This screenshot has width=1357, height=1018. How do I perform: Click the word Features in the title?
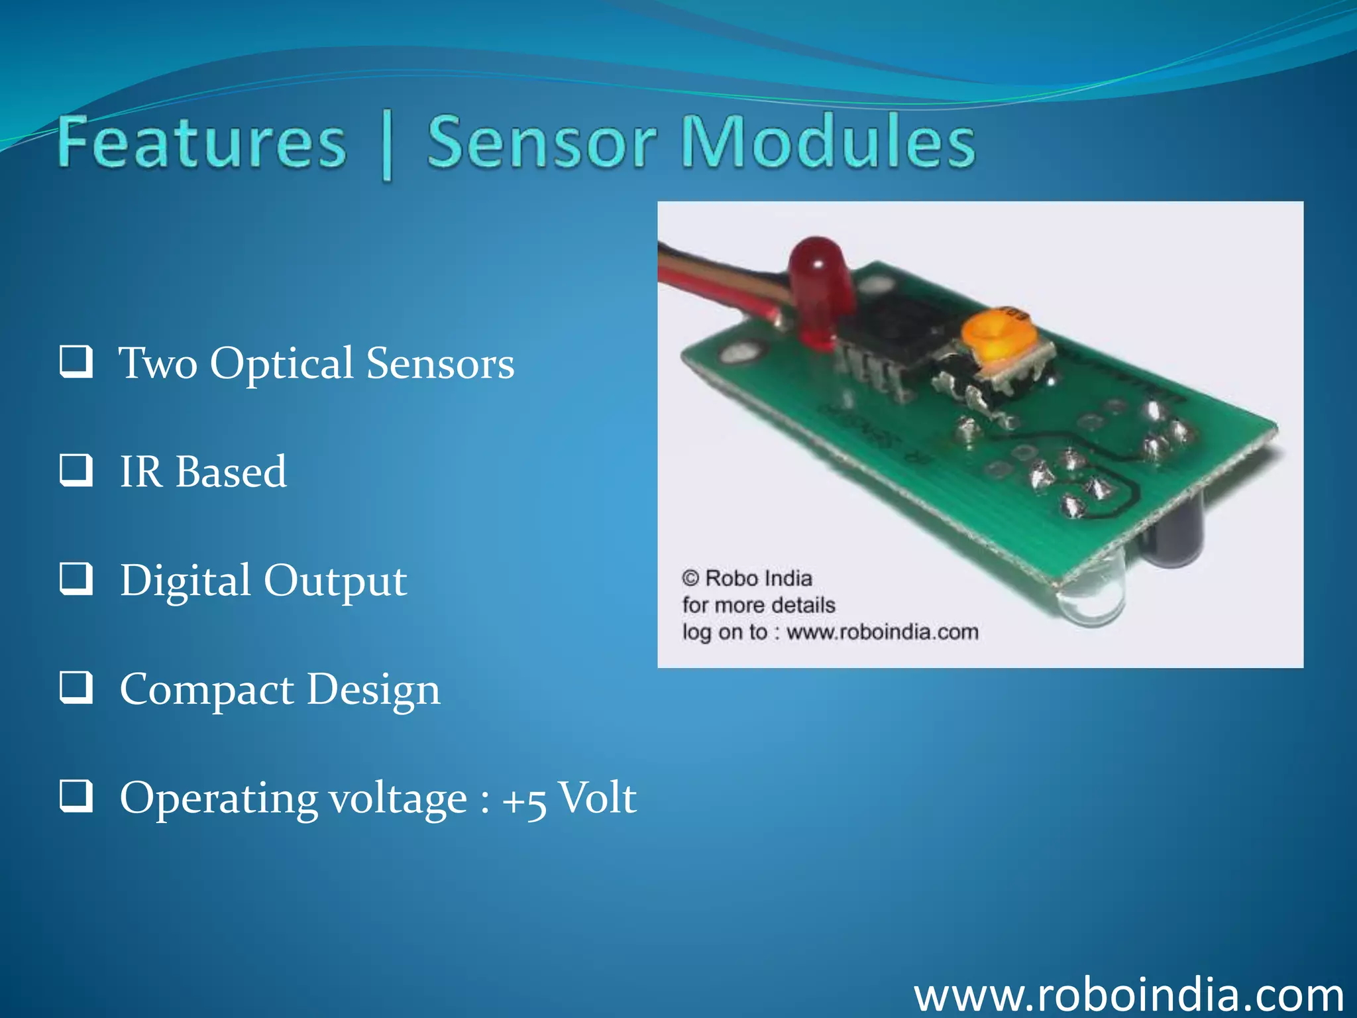point(202,142)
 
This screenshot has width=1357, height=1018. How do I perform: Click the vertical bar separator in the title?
point(388,146)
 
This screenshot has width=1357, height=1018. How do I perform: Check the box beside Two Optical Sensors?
point(76,362)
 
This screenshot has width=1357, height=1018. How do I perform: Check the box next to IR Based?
point(76,471)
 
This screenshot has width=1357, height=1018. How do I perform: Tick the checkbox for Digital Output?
point(76,579)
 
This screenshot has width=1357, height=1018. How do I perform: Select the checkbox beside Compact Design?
point(76,687)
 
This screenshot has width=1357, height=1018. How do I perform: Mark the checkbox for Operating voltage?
point(76,796)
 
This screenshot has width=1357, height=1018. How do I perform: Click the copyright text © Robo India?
point(747,579)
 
